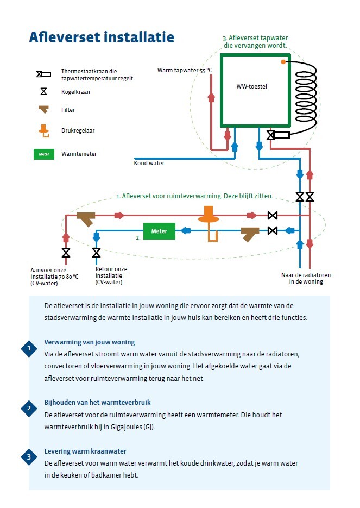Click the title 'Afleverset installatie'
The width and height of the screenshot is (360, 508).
[x=102, y=37]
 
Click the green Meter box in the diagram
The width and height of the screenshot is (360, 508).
[x=159, y=231]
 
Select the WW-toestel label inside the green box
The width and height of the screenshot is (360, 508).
[x=252, y=86]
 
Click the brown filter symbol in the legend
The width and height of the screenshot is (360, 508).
[x=44, y=110]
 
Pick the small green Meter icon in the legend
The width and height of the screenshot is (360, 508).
[x=44, y=154]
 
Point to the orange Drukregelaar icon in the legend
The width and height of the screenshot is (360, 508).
[x=44, y=131]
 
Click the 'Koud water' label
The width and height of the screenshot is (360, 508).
[x=149, y=163]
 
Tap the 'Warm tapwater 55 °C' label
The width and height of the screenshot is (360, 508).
[x=185, y=70]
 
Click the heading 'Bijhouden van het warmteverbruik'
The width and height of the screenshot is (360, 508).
[x=97, y=403]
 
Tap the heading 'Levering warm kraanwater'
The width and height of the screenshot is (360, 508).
[x=85, y=451]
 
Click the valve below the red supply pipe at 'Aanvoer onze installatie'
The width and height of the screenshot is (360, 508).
[x=66, y=253]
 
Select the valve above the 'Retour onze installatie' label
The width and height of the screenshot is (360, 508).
[x=96, y=253]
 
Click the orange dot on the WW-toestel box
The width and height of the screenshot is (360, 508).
[x=283, y=62]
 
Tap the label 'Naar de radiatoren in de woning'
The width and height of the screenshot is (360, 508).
[x=306, y=278]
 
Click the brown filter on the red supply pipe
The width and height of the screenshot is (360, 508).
[x=86, y=218]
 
